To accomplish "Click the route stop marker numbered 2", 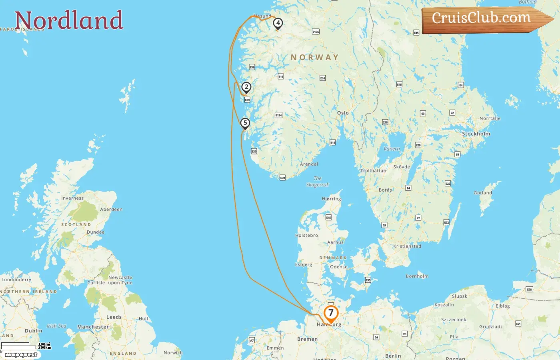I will click(246, 87).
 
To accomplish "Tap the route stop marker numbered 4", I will click(278, 23).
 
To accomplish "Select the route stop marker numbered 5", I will click(245, 123).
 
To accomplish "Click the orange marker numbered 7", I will click(331, 313).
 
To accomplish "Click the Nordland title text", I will click(69, 20).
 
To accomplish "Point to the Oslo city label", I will click(343, 113).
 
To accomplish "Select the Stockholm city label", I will click(476, 134).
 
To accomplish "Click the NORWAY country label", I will click(314, 58).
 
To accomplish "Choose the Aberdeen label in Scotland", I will click(111, 209).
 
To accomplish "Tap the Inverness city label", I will click(72, 198).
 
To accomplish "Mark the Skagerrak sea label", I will click(318, 182).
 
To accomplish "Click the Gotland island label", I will click(483, 193).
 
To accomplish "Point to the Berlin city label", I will click(393, 356).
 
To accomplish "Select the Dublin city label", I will click(33, 331).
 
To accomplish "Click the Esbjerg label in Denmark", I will click(304, 264).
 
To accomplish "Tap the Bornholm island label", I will click(417, 276).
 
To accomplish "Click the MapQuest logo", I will click(21, 355).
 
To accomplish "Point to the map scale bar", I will click(19, 346).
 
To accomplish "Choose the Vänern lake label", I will click(392, 149).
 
